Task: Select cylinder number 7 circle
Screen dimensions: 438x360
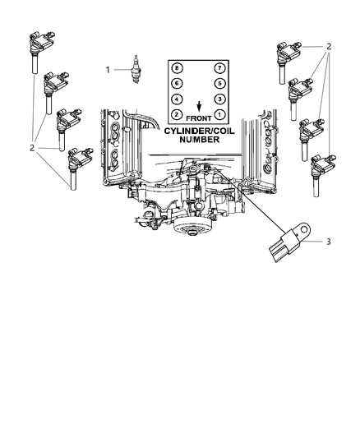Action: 218,67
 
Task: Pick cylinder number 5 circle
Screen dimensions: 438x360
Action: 218,83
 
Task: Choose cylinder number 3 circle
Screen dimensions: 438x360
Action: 218,99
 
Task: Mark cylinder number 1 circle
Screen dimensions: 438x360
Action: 218,114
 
